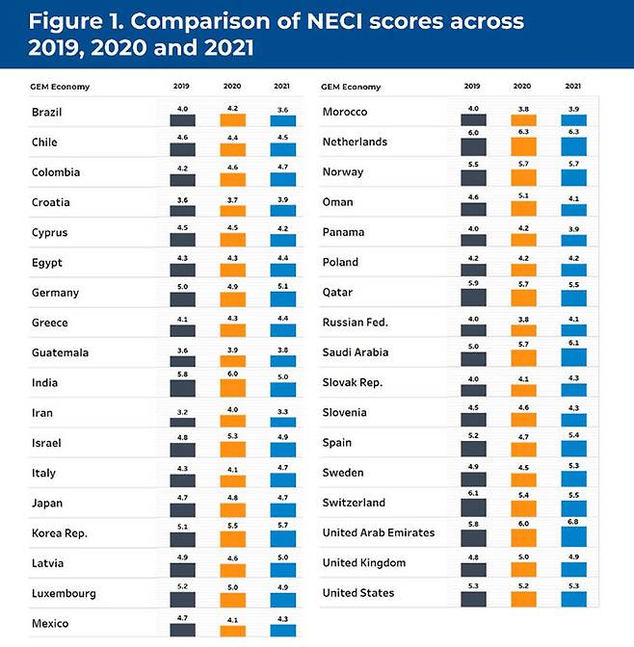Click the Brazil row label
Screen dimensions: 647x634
tap(46, 113)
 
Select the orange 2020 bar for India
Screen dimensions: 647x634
tap(233, 388)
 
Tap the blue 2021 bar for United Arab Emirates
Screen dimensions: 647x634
tap(573, 537)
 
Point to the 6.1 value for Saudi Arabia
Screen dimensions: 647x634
tap(573, 343)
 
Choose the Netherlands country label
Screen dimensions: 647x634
tap(355, 142)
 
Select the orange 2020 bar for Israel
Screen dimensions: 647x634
tap(233, 449)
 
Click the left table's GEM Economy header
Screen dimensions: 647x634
tap(61, 87)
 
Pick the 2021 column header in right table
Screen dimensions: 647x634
tap(573, 87)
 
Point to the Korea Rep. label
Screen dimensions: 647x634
tap(60, 533)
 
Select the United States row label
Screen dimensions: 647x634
tap(359, 593)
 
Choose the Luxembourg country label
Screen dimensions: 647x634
tap(65, 594)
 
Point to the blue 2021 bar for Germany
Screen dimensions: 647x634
tap(283, 298)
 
